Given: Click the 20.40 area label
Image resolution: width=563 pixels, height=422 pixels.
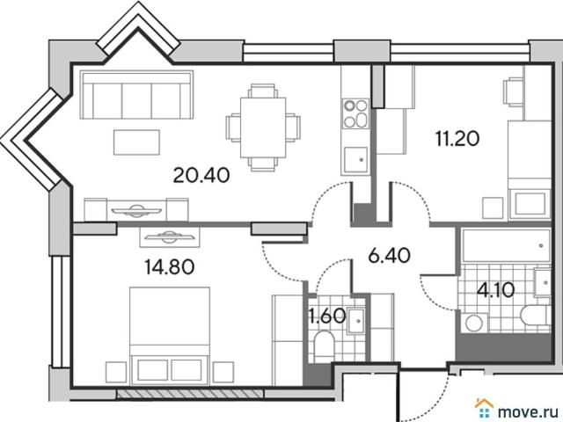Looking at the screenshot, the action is (x=201, y=176).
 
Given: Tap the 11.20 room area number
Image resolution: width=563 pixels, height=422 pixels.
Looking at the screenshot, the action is (x=457, y=139).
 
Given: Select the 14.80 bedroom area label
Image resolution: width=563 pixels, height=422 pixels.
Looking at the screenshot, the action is (x=170, y=267).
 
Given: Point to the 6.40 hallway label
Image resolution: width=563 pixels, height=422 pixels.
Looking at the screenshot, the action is (x=389, y=256).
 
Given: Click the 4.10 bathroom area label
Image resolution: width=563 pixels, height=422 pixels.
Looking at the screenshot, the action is (x=495, y=290).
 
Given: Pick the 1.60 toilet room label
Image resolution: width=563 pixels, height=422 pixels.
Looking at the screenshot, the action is (x=327, y=316).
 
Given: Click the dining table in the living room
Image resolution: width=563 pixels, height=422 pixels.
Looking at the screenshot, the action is (x=263, y=127).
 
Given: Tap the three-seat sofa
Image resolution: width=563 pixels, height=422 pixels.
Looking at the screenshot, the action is (x=136, y=95).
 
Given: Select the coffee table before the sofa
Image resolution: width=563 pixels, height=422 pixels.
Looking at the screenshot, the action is (x=136, y=142).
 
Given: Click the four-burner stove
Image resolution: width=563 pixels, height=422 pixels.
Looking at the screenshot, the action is (x=355, y=113).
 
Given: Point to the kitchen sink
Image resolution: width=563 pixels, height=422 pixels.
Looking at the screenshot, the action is (x=355, y=160).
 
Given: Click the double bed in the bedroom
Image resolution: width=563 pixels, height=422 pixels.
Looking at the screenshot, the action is (x=170, y=336).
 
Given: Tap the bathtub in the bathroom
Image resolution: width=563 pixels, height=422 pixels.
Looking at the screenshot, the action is (x=507, y=246).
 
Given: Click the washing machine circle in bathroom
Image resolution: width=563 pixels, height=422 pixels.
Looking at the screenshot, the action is (x=475, y=323).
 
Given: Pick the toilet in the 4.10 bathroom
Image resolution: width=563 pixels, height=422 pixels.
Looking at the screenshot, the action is (x=535, y=315).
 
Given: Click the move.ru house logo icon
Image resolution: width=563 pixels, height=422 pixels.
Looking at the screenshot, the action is (x=485, y=409).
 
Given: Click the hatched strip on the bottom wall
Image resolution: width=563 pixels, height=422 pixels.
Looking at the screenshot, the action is (x=190, y=394).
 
